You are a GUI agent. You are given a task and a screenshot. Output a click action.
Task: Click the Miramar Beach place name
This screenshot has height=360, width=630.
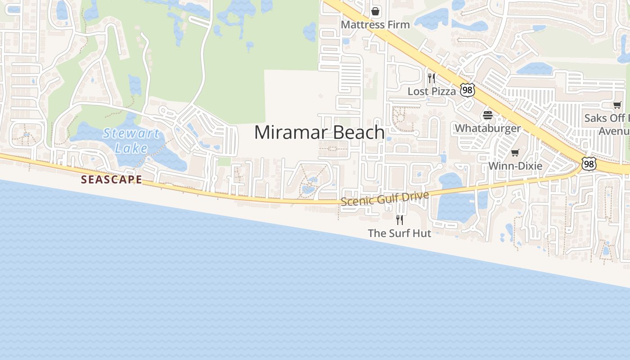[x=319, y=133]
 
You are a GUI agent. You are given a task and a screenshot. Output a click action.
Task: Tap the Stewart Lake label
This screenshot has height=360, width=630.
[x=131, y=140]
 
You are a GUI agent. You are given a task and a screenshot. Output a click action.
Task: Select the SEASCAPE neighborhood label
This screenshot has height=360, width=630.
[x=111, y=180]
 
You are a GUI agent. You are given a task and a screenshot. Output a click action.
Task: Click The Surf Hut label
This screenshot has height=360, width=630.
[x=399, y=233]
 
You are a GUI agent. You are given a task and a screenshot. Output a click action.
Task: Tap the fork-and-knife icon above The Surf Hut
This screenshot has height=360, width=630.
[x=399, y=220]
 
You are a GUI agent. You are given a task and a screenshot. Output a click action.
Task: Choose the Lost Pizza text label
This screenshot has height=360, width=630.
[x=432, y=91]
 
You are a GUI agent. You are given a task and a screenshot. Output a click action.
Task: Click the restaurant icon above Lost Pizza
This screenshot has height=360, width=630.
[x=432, y=78]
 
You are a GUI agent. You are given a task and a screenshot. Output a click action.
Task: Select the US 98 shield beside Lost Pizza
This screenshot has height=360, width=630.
[x=467, y=90]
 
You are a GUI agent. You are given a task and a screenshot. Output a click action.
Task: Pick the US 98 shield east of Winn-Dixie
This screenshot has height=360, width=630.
[x=589, y=164]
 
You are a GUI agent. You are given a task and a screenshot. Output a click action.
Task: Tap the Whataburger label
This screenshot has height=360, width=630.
[x=487, y=128]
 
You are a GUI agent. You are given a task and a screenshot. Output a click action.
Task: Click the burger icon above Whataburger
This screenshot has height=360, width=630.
[x=487, y=115]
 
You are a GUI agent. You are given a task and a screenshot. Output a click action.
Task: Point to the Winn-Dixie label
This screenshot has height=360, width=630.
[x=515, y=166]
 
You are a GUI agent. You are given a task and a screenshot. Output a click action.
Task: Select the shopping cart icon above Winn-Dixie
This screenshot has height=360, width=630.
[x=515, y=153]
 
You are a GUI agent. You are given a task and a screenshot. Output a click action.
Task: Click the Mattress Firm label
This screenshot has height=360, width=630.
[x=375, y=25]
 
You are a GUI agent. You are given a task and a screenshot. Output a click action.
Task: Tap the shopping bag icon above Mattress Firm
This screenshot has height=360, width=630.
[x=375, y=11]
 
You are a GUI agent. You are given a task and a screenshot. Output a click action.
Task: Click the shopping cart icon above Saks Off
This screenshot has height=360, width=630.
[x=617, y=105]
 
